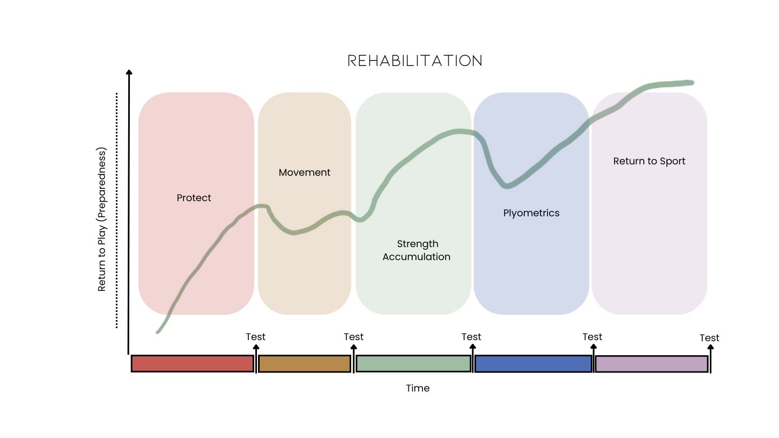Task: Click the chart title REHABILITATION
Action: point(415,61)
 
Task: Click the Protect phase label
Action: point(194,198)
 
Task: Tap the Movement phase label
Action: point(305,172)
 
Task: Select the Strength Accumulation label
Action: point(417,250)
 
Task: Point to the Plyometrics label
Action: point(531,213)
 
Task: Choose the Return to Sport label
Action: point(649,161)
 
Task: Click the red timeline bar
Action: point(193,363)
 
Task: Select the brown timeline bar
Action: point(305,363)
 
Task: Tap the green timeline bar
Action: point(413,363)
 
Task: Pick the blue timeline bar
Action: point(533,363)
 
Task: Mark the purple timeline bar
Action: point(651,364)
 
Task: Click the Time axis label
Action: point(418,388)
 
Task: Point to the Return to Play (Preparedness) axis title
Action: point(102,219)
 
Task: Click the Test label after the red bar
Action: point(256,337)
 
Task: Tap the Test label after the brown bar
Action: point(354,337)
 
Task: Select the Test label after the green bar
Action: point(471,337)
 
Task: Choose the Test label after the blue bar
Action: point(592,337)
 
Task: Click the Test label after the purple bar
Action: point(709,338)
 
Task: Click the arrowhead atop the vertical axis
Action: point(129,72)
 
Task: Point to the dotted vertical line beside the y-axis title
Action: point(116,211)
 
